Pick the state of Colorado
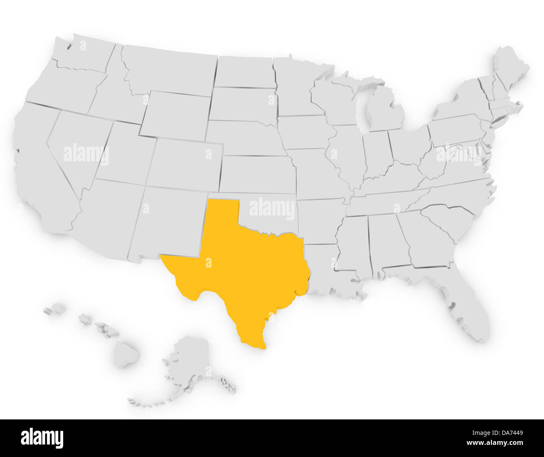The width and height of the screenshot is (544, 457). click(184, 163)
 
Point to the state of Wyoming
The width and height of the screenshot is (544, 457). click(176, 115)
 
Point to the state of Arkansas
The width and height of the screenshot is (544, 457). click(320, 221)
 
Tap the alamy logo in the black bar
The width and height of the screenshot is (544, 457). click(42, 438)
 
